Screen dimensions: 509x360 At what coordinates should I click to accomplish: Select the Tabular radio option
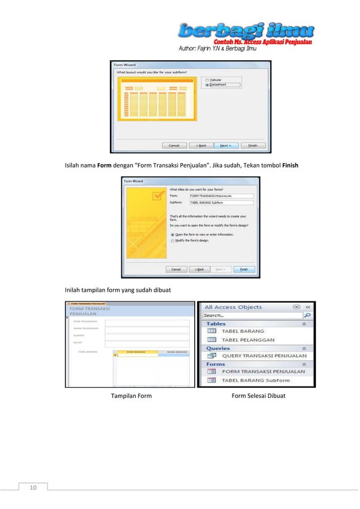(x=208, y=80)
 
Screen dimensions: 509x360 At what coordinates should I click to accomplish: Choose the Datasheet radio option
(x=208, y=85)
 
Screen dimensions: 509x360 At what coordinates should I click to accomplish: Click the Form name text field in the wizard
(x=221, y=196)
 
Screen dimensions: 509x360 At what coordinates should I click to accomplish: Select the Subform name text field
(x=221, y=202)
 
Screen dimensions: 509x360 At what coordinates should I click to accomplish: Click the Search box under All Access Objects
(x=252, y=315)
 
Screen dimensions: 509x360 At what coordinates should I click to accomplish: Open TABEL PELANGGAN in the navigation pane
(x=248, y=340)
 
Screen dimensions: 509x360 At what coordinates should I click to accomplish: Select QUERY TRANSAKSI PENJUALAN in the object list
(x=264, y=356)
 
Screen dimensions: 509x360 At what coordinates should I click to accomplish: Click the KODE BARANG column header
(x=135, y=351)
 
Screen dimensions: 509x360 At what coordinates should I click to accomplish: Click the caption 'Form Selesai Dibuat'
(x=258, y=396)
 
